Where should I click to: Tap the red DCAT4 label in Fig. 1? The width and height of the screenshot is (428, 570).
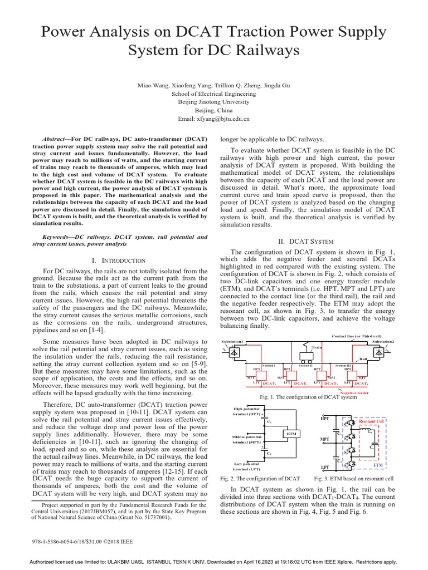[361, 384]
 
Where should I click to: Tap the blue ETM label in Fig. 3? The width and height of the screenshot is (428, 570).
[378, 464]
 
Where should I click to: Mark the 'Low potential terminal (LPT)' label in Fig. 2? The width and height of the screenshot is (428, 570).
[246, 466]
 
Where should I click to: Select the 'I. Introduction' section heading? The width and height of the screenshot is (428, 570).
[118, 260]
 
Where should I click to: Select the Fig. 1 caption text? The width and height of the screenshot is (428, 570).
[308, 397]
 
